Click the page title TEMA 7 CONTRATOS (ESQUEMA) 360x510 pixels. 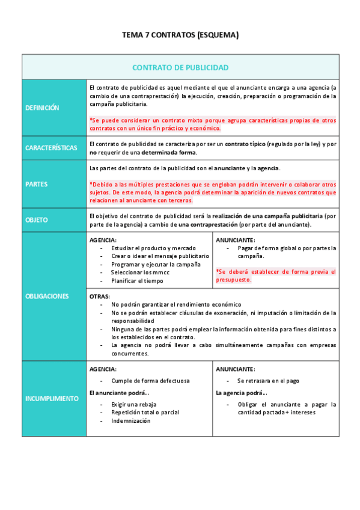[x=180, y=35]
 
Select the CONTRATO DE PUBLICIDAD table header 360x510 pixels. [x=180, y=67]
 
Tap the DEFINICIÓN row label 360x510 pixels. [x=42, y=108]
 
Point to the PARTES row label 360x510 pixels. [x=37, y=184]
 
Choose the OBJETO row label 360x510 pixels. [x=37, y=220]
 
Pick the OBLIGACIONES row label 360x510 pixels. [x=47, y=296]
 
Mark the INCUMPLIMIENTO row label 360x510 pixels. [x=52, y=398]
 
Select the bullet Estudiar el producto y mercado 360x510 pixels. [x=149, y=248]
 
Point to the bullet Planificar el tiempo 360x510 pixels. [x=137, y=280]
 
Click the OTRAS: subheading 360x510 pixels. [x=99, y=296]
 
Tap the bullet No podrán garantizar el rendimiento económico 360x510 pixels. [x=176, y=304]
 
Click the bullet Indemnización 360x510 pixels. [x=131, y=420]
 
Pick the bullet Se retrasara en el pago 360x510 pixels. [x=268, y=381]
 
